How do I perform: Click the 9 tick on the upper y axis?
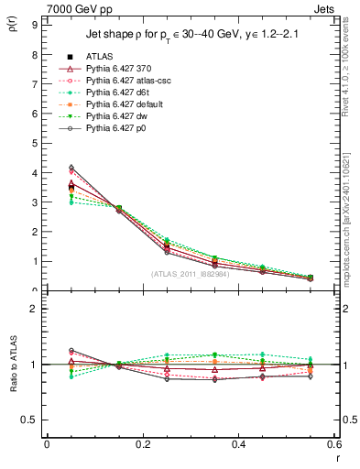click(34, 25)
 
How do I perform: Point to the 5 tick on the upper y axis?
click(34, 143)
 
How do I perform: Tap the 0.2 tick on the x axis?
click(142, 444)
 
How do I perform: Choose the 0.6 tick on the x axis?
click(333, 444)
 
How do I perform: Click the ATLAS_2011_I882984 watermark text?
click(190, 274)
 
